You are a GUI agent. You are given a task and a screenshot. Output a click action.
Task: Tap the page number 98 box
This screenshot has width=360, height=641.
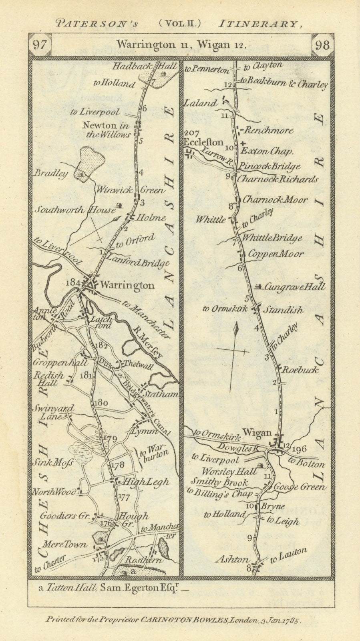322,45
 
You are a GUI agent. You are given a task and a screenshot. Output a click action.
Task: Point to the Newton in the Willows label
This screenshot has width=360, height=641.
106,130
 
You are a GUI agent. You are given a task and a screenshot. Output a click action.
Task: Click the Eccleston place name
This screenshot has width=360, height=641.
203,142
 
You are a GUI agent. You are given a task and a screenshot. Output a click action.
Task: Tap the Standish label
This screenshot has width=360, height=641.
284,310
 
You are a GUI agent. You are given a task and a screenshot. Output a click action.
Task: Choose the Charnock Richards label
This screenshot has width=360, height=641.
278,179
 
